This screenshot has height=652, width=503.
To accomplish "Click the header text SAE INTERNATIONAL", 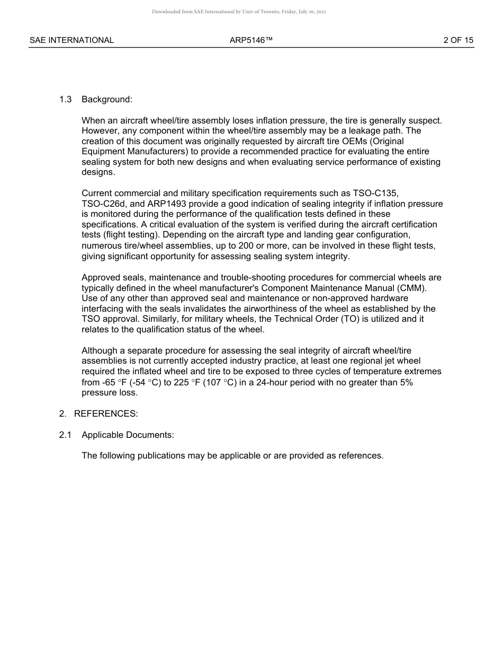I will (71, 40).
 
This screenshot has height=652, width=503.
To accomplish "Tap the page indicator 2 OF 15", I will (458, 40).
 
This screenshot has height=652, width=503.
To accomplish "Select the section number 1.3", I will (65, 100).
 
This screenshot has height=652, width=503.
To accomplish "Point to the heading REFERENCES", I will (106, 414).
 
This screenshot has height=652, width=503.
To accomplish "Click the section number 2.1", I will (65, 435).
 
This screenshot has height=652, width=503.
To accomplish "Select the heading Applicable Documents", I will (128, 435).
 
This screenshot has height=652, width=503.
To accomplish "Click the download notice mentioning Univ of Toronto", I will (239, 12).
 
